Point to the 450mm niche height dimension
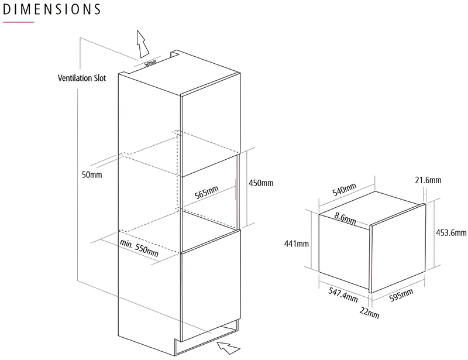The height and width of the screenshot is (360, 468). [261, 183]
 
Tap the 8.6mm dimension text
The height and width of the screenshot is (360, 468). [345, 218]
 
